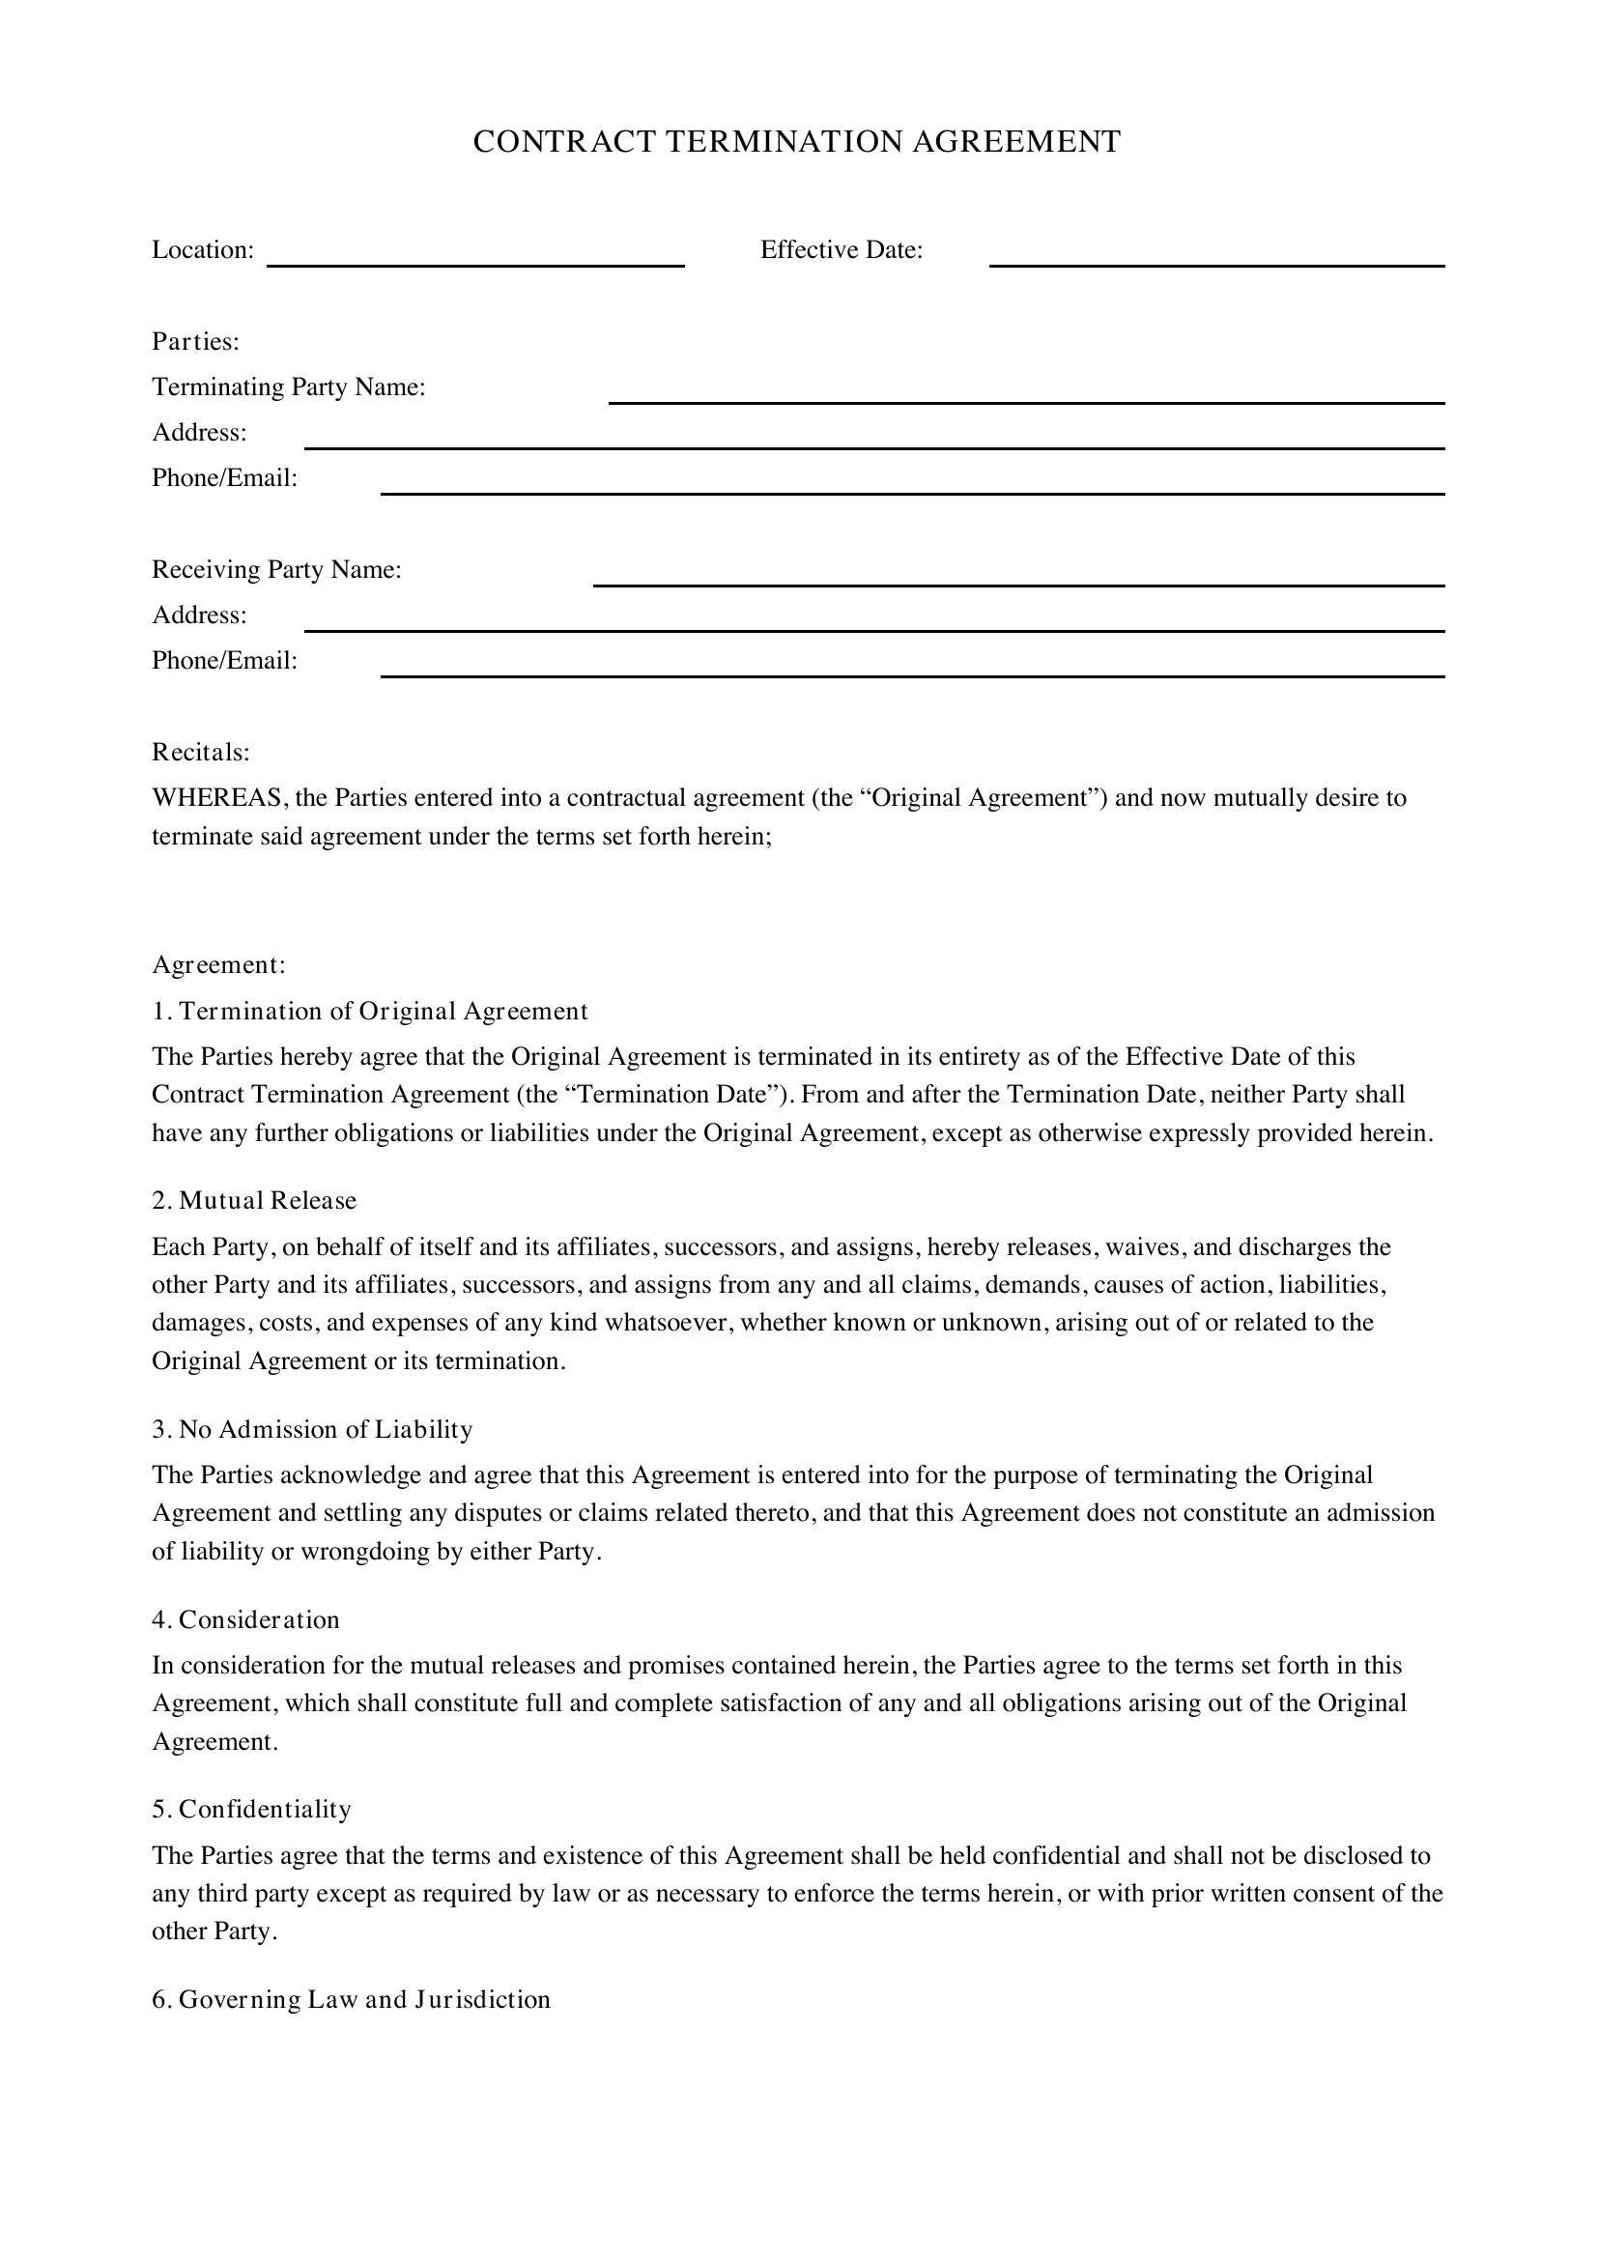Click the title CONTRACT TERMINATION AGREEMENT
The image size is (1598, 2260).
(x=796, y=142)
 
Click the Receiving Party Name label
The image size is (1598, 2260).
(x=276, y=570)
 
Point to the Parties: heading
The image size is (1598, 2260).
(x=196, y=341)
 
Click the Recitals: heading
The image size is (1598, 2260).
(x=201, y=752)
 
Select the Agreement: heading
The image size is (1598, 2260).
(x=218, y=964)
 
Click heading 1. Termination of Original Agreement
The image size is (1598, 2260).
(x=370, y=1011)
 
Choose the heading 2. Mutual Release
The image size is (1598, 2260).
(x=254, y=1200)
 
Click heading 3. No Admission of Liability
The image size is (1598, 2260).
(x=312, y=1429)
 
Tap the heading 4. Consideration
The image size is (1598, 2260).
(x=246, y=1619)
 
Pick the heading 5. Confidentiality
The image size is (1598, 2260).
(x=252, y=1809)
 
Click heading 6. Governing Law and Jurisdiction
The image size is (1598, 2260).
(x=352, y=1999)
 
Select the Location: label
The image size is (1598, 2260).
(x=203, y=250)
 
